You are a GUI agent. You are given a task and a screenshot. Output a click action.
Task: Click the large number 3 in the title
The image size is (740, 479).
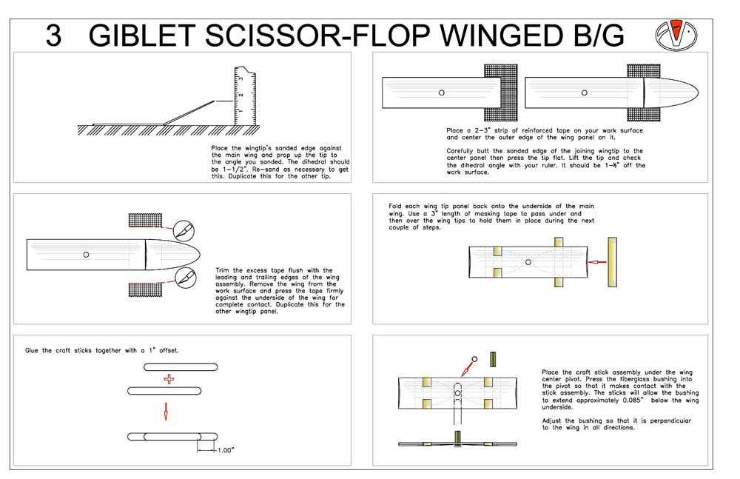53,35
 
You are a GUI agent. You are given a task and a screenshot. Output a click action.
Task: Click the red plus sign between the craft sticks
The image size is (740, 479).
169,379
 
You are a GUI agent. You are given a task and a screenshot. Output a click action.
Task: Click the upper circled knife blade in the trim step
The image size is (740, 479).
183,230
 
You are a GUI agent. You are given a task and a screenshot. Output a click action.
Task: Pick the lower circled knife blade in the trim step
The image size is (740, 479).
183,277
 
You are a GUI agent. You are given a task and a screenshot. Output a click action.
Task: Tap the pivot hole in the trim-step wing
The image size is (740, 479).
87,255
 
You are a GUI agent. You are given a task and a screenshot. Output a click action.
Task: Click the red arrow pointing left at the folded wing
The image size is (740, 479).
596,261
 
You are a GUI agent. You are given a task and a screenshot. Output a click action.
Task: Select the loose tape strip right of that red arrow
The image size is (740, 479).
613,261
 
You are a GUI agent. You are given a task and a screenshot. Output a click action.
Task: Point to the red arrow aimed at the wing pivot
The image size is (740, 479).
465,366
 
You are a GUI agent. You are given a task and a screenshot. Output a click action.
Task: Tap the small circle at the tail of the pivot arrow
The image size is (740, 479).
475,358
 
